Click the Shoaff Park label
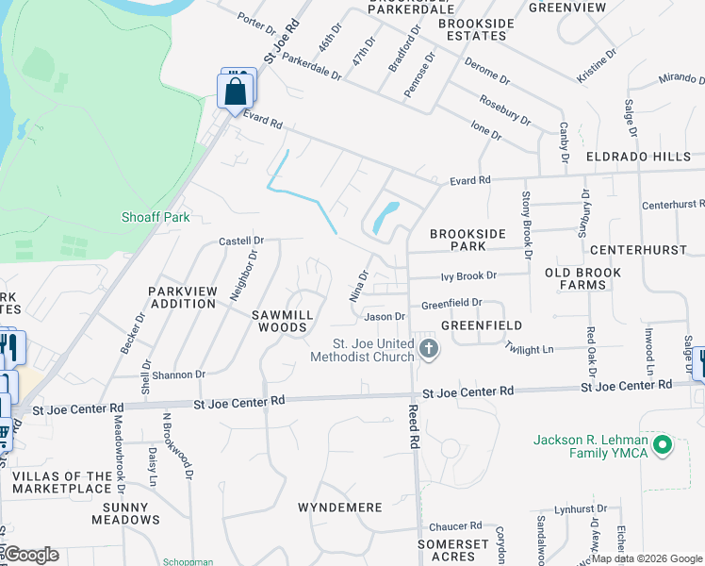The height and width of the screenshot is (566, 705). pyautogui.click(x=156, y=217)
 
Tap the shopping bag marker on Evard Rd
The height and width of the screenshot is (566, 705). pyautogui.click(x=235, y=92)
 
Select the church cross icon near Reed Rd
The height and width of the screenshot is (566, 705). pyautogui.click(x=429, y=350)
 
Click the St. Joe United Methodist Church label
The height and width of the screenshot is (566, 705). pyautogui.click(x=373, y=350)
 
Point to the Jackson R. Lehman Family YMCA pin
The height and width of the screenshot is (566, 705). pyautogui.click(x=662, y=443)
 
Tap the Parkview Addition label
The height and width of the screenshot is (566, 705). pyautogui.click(x=183, y=297)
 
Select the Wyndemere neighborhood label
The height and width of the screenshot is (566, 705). pyautogui.click(x=340, y=508)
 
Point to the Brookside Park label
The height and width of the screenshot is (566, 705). pyautogui.click(x=468, y=240)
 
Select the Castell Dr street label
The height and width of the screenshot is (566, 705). pyautogui.click(x=241, y=241)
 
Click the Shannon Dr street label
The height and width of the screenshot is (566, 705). pyautogui.click(x=179, y=375)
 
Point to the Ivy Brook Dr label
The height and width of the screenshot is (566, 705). pyautogui.click(x=468, y=275)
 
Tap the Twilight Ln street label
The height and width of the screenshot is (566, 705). pyautogui.click(x=528, y=349)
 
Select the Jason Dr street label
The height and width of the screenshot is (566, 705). pyautogui.click(x=385, y=317)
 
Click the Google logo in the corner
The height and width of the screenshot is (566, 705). pyautogui.click(x=31, y=555)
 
